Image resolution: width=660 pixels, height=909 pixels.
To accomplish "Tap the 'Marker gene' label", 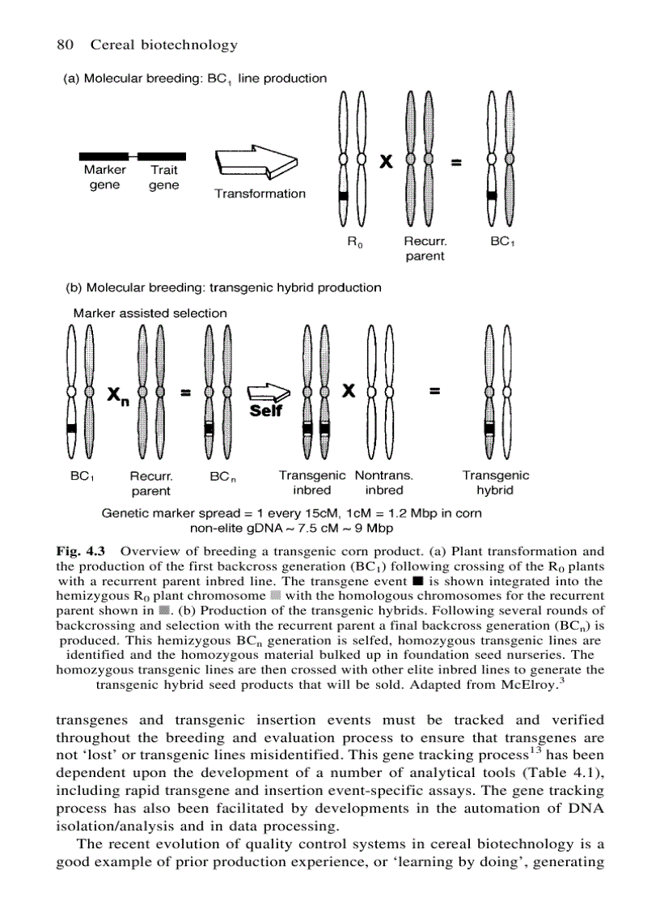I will pos(104,177).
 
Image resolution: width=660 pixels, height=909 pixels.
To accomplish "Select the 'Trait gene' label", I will pos(164,177).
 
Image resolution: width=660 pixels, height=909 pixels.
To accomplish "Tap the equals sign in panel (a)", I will pos(456,164).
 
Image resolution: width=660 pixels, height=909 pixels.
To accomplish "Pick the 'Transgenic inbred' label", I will pos(312,482).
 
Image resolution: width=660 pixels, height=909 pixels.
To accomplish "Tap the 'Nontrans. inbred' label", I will pos(384,482).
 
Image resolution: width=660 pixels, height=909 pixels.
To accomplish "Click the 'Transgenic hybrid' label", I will pos(496,482).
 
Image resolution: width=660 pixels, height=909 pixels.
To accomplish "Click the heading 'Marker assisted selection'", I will pos(150,312).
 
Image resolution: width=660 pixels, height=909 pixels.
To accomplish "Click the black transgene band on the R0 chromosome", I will pos(342,197).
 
